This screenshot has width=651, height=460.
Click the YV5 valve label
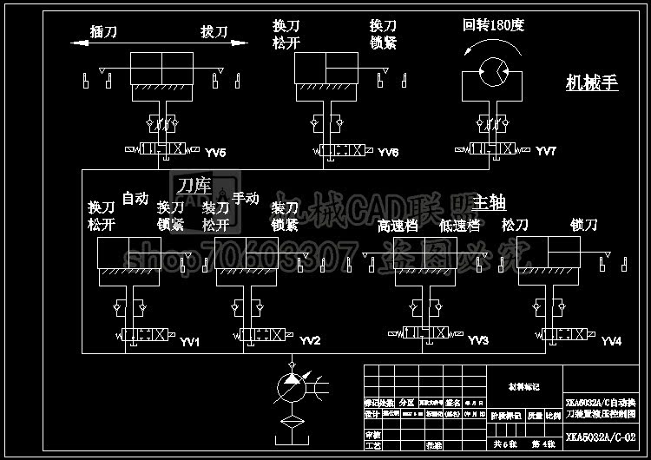(216, 153)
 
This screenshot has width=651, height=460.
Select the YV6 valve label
(388, 153)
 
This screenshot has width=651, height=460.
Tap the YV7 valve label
(546, 152)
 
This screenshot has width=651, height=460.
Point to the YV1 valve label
(190, 342)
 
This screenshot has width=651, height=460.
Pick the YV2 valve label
(310, 341)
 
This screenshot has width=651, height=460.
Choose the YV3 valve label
(478, 341)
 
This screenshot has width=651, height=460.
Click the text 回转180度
(494, 25)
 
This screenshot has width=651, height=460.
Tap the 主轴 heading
(489, 202)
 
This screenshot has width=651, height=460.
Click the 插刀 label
(104, 32)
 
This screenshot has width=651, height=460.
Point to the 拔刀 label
(214, 32)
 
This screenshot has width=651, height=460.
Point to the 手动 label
(246, 198)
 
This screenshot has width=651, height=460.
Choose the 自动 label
(135, 199)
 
